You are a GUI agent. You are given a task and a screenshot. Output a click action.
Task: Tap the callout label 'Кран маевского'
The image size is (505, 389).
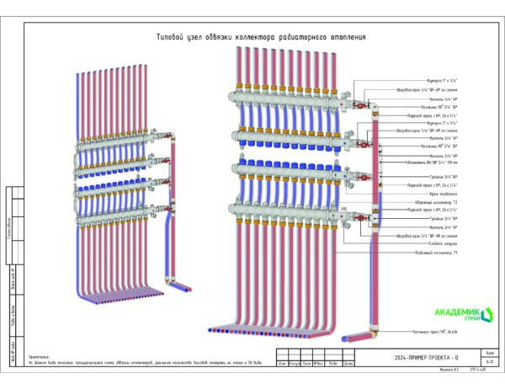point(418,194)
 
